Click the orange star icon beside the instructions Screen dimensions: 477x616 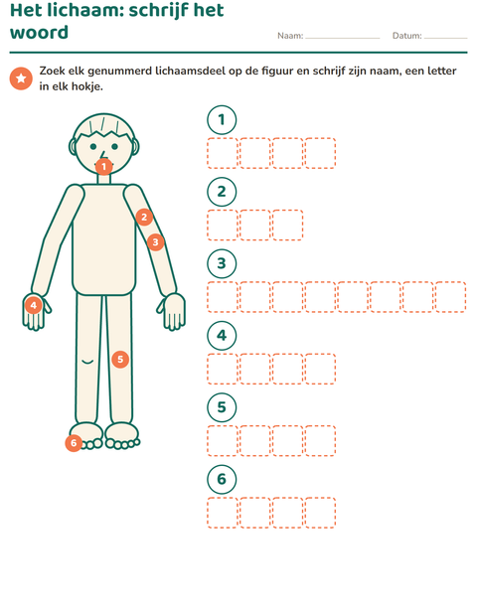pos(21,78)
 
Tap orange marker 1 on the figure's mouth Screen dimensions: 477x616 pos(103,167)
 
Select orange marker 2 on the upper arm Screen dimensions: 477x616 pos(144,217)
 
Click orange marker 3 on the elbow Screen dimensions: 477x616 pos(156,242)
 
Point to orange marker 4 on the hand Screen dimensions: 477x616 pos(34,305)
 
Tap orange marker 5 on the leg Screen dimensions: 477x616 pos(120,359)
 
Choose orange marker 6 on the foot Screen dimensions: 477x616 pos(74,443)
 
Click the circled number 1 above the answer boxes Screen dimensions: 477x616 pos(222,120)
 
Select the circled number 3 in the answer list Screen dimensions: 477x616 pos(222,263)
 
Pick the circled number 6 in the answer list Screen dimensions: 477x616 pos(222,479)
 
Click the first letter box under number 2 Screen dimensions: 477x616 pos(223,226)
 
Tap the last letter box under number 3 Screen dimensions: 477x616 pos(451,297)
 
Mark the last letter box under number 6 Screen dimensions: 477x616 pos(320,513)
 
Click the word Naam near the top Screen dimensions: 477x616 pos(289,36)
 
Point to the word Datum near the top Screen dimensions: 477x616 pos(405,36)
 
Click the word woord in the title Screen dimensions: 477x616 pos(39,32)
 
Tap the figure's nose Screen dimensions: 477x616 pos(102,155)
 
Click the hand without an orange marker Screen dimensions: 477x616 pos(172,311)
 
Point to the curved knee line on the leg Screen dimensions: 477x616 pos(87,361)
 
